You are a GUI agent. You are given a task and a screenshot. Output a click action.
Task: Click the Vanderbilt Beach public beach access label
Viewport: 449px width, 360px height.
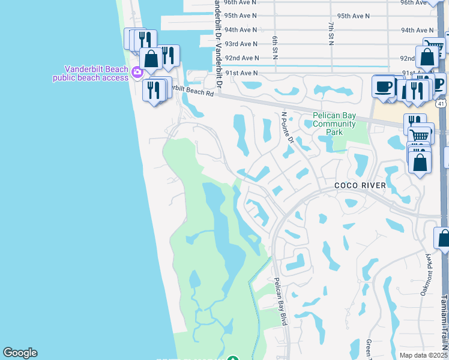pyautogui.click(x=91, y=73)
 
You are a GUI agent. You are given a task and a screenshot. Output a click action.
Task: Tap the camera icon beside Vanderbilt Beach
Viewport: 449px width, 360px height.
pyautogui.click(x=137, y=73)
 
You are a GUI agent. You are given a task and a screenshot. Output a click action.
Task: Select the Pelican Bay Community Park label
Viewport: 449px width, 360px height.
pyautogui.click(x=334, y=124)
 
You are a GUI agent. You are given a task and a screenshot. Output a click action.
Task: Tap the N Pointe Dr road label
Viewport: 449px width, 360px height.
pyautogui.click(x=288, y=127)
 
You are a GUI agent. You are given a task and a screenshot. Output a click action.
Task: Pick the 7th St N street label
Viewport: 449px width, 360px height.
pyautogui.click(x=331, y=32)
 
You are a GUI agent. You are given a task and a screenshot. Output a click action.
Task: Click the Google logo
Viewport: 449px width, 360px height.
pyautogui.click(x=20, y=353)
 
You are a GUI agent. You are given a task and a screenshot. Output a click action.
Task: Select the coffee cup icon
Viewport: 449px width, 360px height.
pyautogui.click(x=382, y=86)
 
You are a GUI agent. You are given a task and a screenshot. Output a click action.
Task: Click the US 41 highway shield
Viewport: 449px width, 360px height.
pyautogui.click(x=441, y=104)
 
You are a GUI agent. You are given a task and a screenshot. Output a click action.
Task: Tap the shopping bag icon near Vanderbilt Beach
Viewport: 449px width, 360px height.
pyautogui.click(x=151, y=59)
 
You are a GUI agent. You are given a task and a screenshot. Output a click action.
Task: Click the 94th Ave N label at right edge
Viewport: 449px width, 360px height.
pyautogui.click(x=417, y=30)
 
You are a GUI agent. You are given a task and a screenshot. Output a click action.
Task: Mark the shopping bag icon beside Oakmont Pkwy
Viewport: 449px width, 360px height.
pyautogui.click(x=443, y=238)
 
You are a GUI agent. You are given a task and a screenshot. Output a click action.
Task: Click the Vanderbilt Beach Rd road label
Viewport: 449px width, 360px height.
pyautogui.click(x=191, y=91)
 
